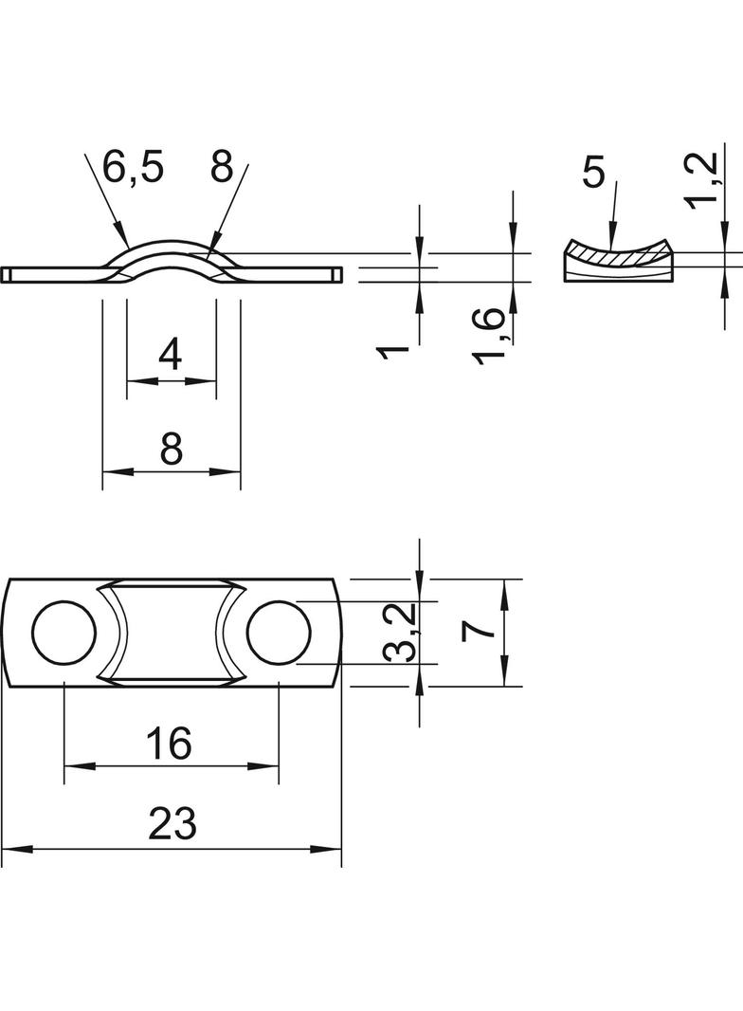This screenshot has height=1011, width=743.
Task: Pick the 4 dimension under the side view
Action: (x=171, y=356)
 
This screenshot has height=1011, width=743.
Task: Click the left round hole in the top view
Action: (x=64, y=633)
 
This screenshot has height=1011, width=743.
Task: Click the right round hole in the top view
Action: (x=280, y=633)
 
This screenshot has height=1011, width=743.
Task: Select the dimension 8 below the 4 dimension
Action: (x=171, y=447)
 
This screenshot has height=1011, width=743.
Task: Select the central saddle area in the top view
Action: (x=172, y=633)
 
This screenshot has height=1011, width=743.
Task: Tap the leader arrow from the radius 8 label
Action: (x=231, y=209)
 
